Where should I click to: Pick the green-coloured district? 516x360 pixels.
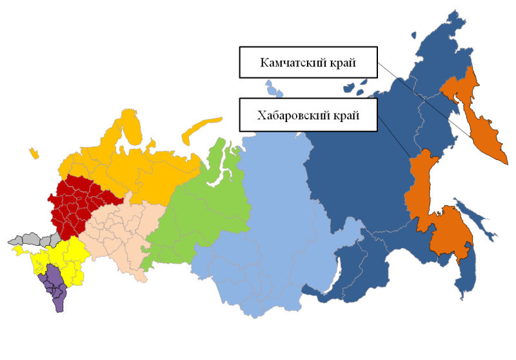pos(206,206)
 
